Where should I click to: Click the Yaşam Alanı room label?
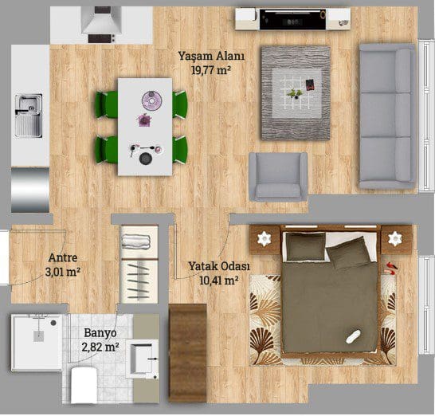211,57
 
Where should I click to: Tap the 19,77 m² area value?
211,70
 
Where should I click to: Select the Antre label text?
63,258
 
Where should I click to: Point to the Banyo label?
100,332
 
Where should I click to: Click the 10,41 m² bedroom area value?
219,281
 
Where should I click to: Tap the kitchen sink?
29,116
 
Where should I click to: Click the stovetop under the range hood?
101,38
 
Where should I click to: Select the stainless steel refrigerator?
30,190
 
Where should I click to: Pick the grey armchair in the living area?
278,176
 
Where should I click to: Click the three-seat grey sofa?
387,116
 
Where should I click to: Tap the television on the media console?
292,19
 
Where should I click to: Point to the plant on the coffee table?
294,93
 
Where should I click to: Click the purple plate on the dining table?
151,100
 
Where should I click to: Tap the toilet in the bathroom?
84,385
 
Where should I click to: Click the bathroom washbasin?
142,359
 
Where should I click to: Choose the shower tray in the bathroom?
37,342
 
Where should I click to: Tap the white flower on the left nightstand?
264,238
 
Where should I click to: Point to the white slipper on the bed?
353,336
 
